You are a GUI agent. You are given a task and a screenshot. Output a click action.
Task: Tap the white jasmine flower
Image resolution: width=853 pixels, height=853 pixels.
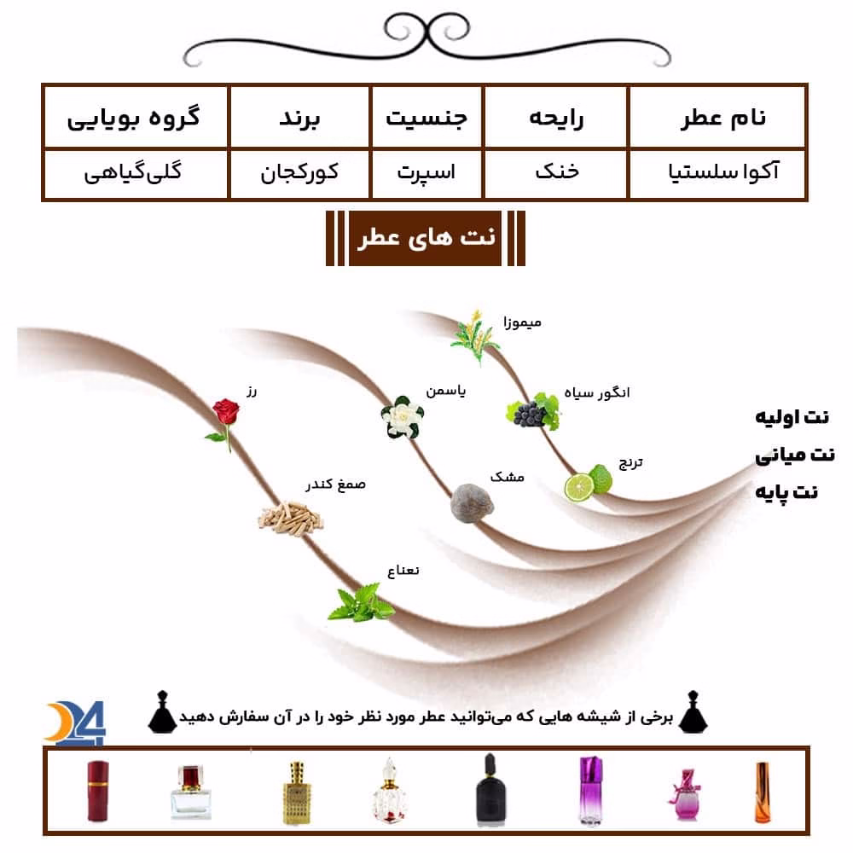click(x=403, y=417)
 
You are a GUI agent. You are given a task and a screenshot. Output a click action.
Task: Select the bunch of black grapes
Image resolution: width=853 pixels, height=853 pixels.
click(x=533, y=411)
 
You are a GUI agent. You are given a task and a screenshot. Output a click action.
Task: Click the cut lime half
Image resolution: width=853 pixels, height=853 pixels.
click(x=579, y=487)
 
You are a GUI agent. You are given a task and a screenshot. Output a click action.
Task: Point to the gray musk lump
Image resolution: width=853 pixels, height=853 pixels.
click(x=473, y=503)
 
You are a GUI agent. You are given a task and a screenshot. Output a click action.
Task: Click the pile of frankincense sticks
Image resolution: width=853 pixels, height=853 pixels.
click(x=290, y=519)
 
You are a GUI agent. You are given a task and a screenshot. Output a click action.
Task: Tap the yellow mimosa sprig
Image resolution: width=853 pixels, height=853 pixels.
click(x=474, y=336)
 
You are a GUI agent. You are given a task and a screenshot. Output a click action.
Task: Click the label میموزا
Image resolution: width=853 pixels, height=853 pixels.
click(x=522, y=322)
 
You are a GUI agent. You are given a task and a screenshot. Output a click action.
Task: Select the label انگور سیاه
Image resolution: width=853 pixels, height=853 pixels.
click(x=597, y=392)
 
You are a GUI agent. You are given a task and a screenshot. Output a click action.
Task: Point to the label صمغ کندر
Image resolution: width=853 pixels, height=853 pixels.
click(x=335, y=485)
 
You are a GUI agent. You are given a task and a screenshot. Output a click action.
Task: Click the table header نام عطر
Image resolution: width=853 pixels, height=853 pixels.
click(x=723, y=118)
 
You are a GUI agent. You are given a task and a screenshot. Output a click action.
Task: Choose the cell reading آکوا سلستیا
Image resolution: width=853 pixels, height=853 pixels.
click(x=723, y=172)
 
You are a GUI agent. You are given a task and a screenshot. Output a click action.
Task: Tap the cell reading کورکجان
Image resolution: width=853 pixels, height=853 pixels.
click(x=299, y=173)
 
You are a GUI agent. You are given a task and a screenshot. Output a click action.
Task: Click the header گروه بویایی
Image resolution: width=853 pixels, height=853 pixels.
click(x=134, y=119)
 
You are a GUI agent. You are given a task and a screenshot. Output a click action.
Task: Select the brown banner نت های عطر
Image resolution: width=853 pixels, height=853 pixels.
click(x=426, y=238)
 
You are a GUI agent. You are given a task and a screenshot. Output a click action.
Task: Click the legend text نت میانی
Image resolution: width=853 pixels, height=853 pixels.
click(x=795, y=455)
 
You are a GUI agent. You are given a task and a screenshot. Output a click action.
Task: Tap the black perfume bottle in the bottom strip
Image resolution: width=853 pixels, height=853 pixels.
click(x=490, y=788)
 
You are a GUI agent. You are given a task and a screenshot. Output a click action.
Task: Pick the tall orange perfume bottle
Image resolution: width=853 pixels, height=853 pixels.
click(x=762, y=792)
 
